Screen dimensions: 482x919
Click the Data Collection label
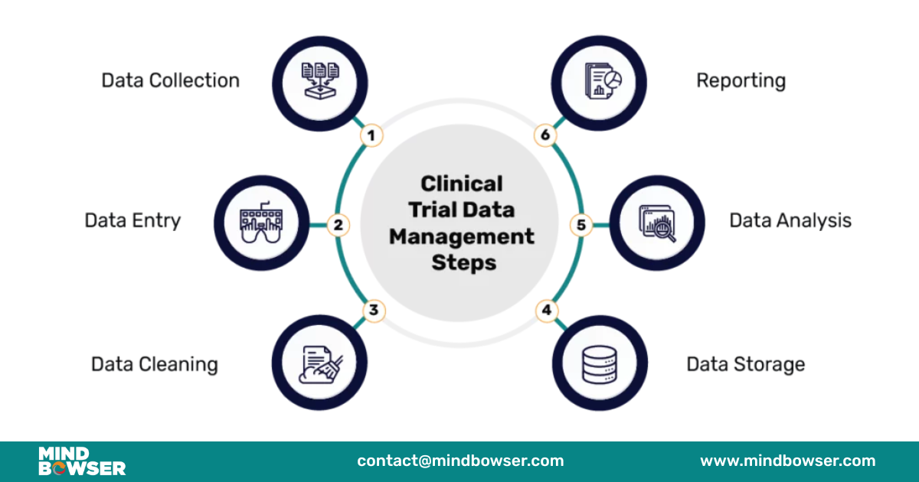point(170,80)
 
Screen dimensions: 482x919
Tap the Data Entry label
point(132,220)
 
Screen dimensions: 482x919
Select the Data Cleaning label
point(154,363)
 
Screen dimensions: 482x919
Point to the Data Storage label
point(745,363)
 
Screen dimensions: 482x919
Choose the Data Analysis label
point(790,220)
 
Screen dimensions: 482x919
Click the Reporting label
point(741,80)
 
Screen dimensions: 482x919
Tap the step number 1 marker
point(371,136)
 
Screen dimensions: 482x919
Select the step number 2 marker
point(338,225)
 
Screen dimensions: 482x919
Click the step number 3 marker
point(373,311)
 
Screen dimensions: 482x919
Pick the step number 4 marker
point(546,311)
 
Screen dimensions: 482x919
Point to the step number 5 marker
point(581,225)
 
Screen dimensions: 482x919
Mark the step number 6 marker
point(545,136)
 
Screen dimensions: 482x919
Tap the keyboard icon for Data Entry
point(261,225)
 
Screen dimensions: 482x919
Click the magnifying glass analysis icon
point(658,225)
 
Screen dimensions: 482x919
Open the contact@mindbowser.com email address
point(459,461)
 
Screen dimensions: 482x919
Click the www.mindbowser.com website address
point(787,461)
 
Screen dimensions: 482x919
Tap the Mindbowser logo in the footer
point(82,461)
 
